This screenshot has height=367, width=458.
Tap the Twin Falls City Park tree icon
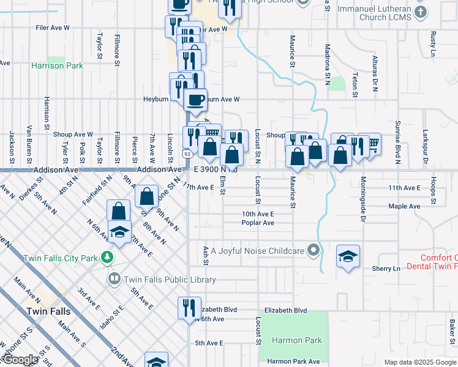click(108, 258)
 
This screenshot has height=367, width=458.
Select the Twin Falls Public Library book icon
click(114, 280)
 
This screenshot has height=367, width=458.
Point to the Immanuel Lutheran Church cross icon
click(421, 12)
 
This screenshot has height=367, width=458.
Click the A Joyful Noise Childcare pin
click(314, 250)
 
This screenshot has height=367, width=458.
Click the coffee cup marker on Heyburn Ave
click(195, 100)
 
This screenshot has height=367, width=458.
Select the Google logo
click(20, 360)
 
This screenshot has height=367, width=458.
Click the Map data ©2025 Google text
click(420, 362)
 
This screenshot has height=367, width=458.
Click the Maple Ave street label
click(404, 206)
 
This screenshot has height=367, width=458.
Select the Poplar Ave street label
click(258, 223)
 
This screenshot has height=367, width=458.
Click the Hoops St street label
click(432, 190)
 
